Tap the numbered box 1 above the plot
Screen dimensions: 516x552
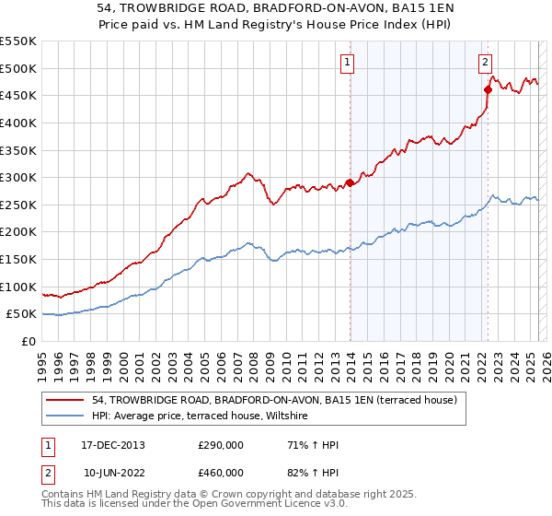click(349, 63)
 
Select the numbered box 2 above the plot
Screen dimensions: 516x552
click(485, 63)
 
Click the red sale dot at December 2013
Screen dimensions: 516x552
click(350, 182)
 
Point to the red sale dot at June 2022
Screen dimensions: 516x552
click(488, 89)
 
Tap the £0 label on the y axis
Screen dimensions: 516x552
click(28, 341)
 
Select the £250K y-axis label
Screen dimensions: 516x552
click(18, 205)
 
